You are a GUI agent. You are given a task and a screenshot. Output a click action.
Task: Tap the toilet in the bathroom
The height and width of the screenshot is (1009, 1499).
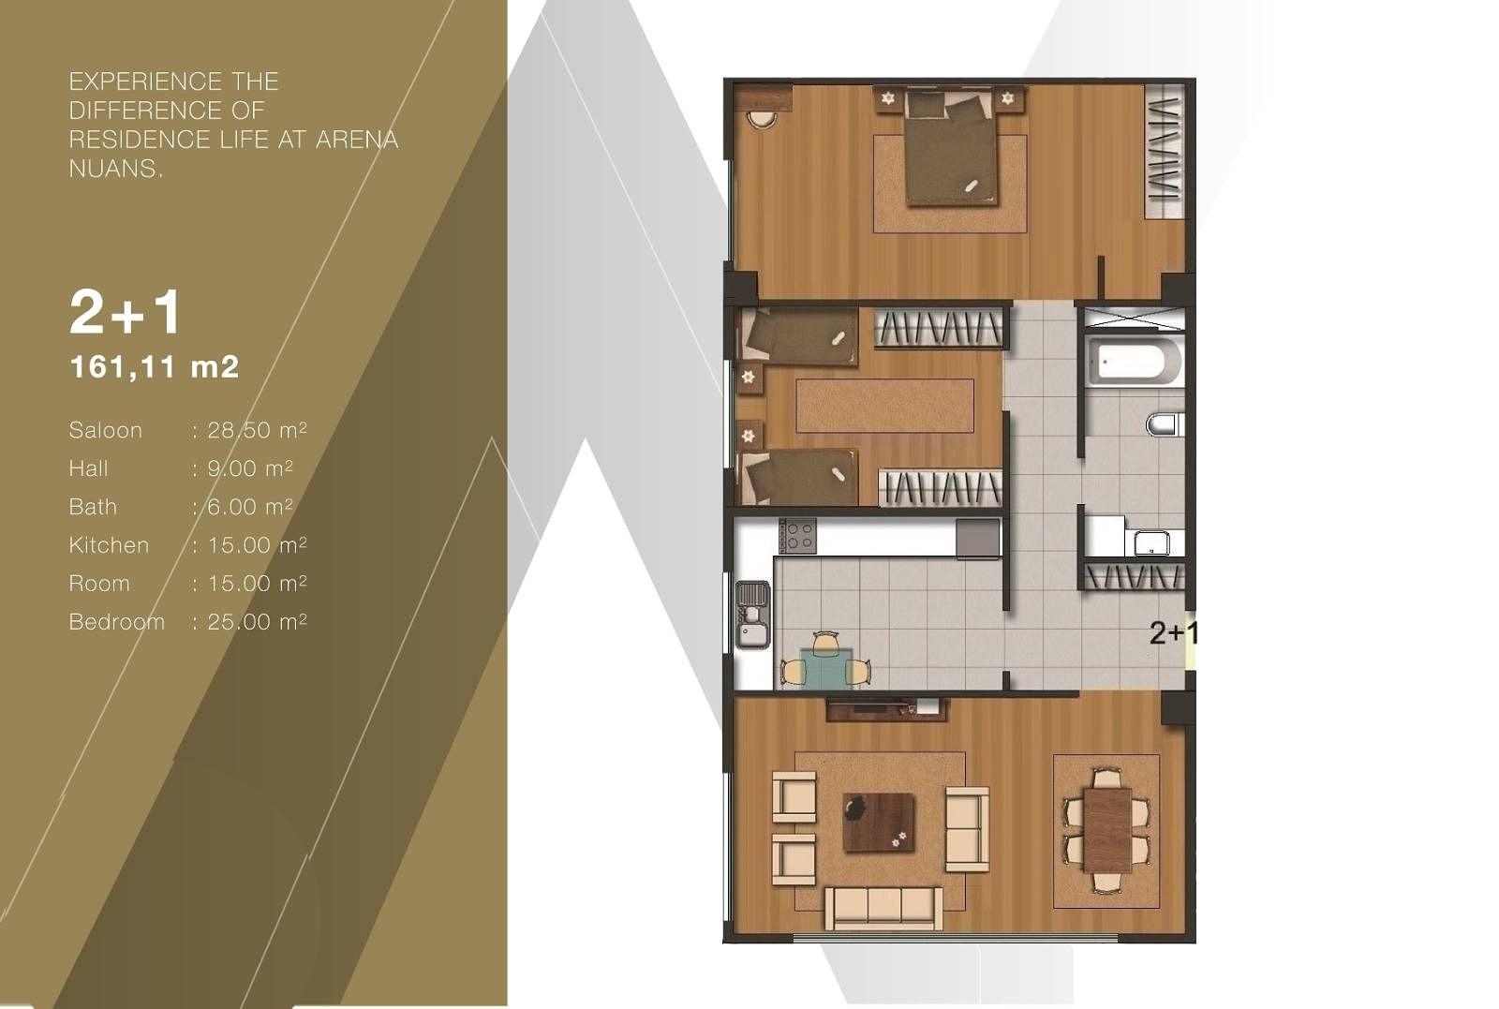pyautogui.click(x=1165, y=424)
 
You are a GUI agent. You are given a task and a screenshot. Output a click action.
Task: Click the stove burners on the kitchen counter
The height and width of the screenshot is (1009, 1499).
pyautogui.click(x=797, y=535)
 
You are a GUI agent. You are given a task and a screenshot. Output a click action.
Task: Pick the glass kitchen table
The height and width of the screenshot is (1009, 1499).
pyautogui.click(x=825, y=667)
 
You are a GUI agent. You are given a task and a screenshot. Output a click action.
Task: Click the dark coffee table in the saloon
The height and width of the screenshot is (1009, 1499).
pyautogui.click(x=879, y=823)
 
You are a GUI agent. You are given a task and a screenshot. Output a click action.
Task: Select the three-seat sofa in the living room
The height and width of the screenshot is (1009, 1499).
pyautogui.click(x=883, y=908)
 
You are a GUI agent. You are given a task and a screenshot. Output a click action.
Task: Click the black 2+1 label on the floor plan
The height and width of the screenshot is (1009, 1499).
pyautogui.click(x=1172, y=633)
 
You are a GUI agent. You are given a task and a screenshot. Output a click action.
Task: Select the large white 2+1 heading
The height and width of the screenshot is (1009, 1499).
pyautogui.click(x=126, y=312)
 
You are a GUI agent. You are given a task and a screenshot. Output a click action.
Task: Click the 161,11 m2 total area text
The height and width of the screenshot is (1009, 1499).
pyautogui.click(x=154, y=366)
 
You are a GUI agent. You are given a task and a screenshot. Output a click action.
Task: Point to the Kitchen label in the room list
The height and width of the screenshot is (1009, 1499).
pyautogui.click(x=109, y=544)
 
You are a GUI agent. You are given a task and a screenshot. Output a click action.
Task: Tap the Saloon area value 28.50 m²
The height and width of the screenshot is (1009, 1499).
pyautogui.click(x=257, y=430)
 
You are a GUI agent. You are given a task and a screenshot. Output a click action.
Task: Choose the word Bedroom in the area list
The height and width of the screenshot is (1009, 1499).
pyautogui.click(x=116, y=621)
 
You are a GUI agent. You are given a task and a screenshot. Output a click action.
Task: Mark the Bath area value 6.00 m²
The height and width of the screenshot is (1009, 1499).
pyautogui.click(x=249, y=507)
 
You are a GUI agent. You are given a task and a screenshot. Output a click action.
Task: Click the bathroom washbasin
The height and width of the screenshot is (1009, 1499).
pyautogui.click(x=1151, y=542)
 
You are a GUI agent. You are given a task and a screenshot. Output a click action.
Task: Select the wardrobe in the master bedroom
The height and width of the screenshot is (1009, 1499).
pyautogui.click(x=1165, y=151)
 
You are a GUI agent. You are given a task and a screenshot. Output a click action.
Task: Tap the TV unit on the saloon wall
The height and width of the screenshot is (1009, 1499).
pyautogui.click(x=886, y=709)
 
